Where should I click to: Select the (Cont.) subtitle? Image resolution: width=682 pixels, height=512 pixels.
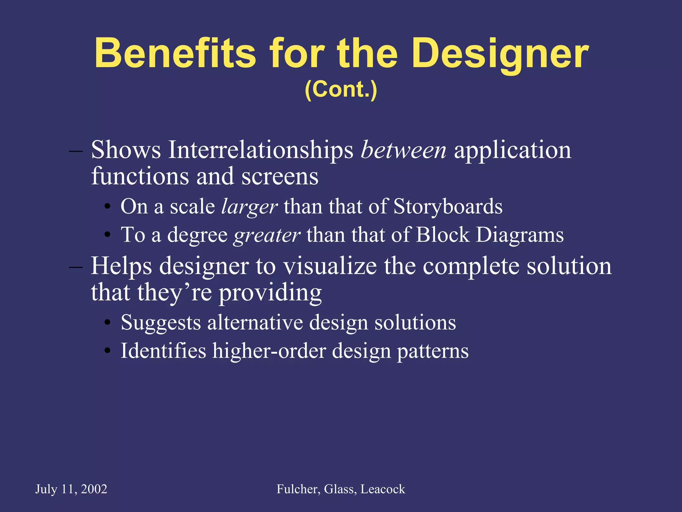pyautogui.click(x=341, y=89)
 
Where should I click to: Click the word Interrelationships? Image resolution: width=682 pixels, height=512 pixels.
pyautogui.click(x=260, y=150)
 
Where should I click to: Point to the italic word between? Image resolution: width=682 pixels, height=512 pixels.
pyautogui.click(x=404, y=150)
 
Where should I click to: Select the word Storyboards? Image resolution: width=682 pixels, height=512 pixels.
pyautogui.click(x=448, y=207)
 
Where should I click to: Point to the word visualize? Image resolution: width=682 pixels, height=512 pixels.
pyautogui.click(x=330, y=266)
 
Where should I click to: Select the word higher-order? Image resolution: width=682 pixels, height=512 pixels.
pyautogui.click(x=269, y=351)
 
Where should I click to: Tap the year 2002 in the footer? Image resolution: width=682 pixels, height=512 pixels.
pyautogui.click(x=94, y=489)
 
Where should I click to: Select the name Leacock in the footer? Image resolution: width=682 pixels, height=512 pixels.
pyautogui.click(x=383, y=489)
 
